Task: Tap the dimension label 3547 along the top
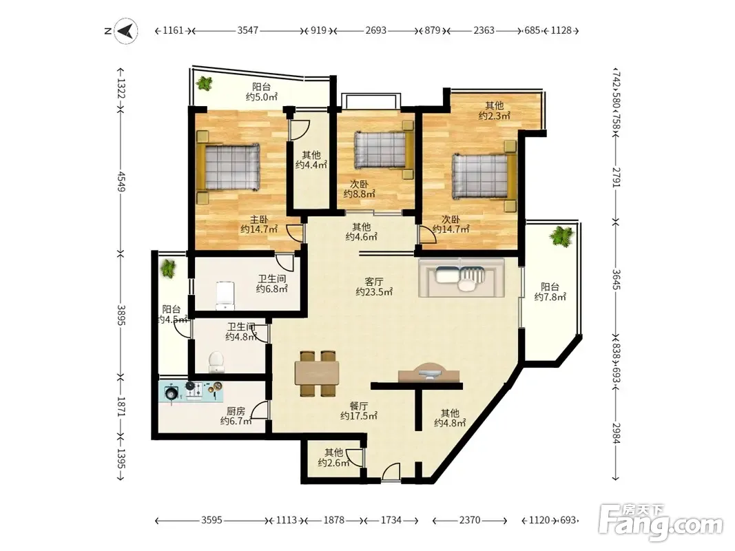pyautogui.click(x=247, y=30)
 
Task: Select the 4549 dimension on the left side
pyautogui.click(x=121, y=181)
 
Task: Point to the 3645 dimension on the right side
pyautogui.click(x=617, y=279)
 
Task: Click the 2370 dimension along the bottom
pyautogui.click(x=470, y=520)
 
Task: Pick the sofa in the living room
pyautogui.click(x=462, y=278)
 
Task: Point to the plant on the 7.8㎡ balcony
pyautogui.click(x=562, y=236)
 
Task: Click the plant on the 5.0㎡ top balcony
pyautogui.click(x=205, y=83)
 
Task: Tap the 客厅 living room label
pyautogui.click(x=374, y=282)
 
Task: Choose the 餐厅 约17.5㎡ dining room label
pyautogui.click(x=359, y=411)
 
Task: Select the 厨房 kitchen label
pyautogui.click(x=236, y=411)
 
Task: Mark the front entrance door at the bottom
pyautogui.click(x=391, y=472)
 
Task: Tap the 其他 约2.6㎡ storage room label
pyautogui.click(x=334, y=458)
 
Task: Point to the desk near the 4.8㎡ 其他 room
pyautogui.click(x=429, y=373)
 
